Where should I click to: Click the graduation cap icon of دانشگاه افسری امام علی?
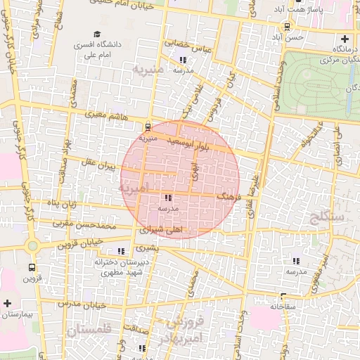(x=96, y=34)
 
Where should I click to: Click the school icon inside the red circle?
(x=168, y=198)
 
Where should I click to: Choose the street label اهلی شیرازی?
(x=160, y=230)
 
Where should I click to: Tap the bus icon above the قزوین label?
(x=32, y=267)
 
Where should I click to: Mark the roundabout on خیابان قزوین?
(x=32, y=245)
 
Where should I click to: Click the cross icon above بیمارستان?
(x=7, y=303)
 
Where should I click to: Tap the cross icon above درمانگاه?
(x=345, y=39)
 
